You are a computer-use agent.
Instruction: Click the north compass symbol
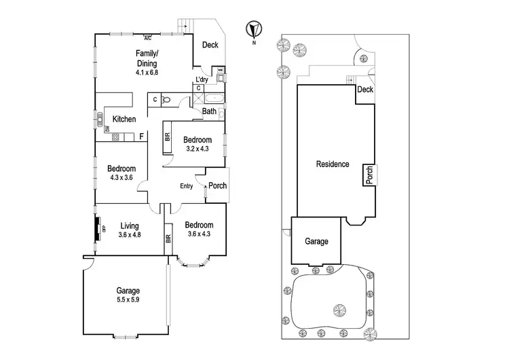253,30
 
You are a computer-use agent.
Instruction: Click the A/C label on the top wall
147,37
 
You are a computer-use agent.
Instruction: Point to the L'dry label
202,80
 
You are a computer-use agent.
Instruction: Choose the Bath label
209,111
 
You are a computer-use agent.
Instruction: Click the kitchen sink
99,121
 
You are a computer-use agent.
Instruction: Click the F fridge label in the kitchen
141,137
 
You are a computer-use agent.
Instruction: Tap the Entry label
187,186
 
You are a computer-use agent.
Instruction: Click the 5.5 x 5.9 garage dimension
123,299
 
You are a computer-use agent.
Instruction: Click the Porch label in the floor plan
217,186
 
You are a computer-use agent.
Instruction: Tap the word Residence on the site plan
333,164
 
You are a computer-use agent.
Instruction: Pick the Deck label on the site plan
365,90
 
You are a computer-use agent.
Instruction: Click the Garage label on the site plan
316,241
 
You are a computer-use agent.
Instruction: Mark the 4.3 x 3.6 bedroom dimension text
121,179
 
